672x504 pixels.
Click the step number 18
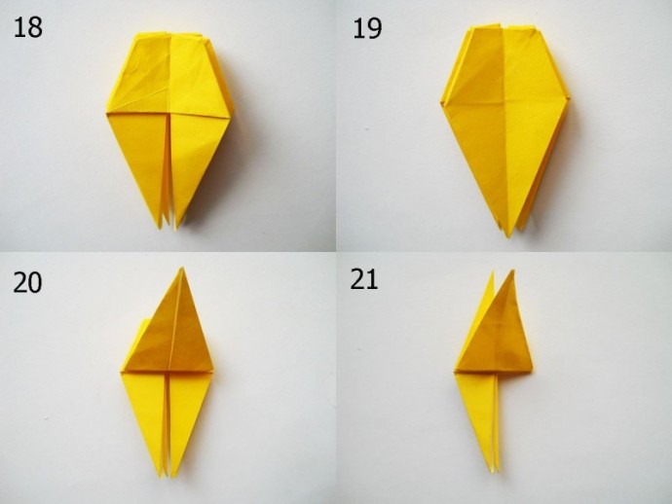pos(28,27)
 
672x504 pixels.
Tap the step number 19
pos(367,28)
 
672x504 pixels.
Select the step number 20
pos(27,282)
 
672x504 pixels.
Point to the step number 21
pos(364,279)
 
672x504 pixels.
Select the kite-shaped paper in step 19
pos(505,128)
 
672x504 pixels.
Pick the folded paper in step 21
pos(493,373)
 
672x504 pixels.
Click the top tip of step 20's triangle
pos(182,269)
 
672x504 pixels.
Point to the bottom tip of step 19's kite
pos(508,236)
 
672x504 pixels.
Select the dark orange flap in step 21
pos(497,330)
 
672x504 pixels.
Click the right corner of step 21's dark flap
pos(532,367)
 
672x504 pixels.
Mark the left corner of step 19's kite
pos(441,103)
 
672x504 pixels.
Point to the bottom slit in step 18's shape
pos(168,171)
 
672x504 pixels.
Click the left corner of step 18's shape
pos(107,113)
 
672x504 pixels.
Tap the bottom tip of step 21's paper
pos(494,472)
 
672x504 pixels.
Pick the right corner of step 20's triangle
pos(212,368)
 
